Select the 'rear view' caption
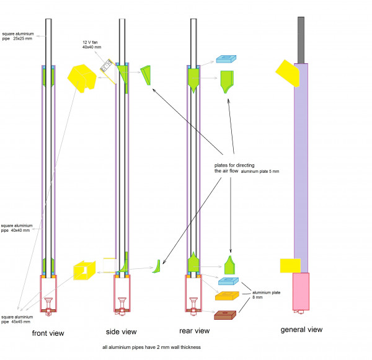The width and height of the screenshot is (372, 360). [195, 331]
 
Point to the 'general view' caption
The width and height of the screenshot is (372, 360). [303, 330]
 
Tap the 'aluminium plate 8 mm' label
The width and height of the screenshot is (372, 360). [261, 294]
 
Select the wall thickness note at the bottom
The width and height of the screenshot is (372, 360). [151, 347]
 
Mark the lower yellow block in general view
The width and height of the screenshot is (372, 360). [290, 265]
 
